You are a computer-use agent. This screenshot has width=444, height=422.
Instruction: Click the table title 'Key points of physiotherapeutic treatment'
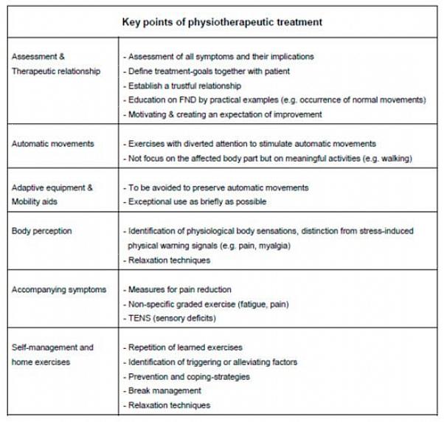[221, 22]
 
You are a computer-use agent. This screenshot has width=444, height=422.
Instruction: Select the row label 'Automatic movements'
[52, 144]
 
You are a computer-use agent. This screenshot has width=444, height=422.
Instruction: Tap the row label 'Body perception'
[42, 231]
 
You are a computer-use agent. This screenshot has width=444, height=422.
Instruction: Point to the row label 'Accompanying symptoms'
[59, 289]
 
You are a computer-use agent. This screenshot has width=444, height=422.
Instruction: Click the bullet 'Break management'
[164, 390]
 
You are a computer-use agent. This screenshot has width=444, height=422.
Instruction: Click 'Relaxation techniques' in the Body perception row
[169, 260]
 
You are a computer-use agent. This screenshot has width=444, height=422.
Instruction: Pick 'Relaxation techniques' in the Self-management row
[169, 405]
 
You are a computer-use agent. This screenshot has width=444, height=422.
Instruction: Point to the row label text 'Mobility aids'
[38, 201]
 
